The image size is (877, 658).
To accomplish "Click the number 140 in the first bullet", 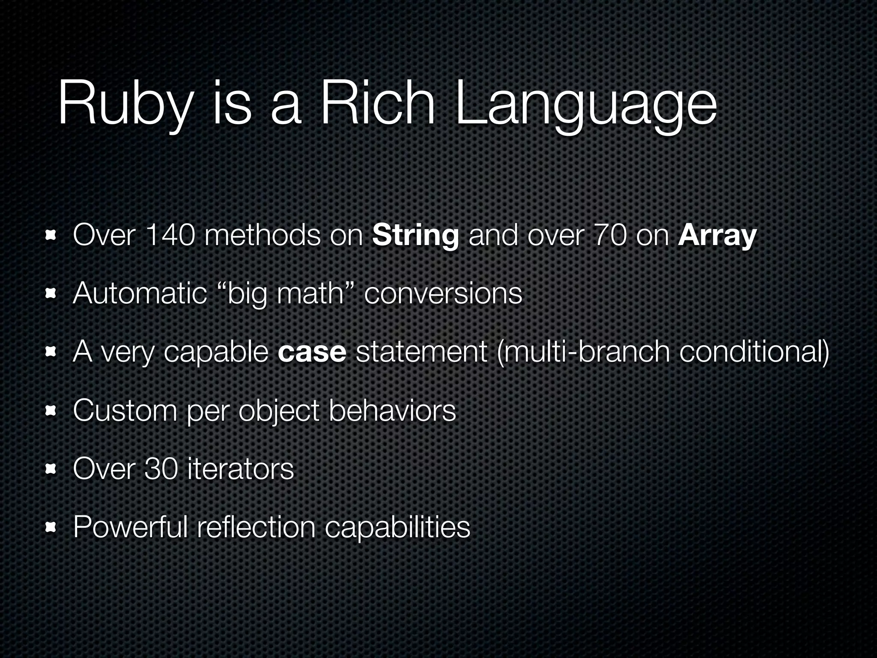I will coord(170,236).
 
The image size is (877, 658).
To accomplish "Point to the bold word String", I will coord(415,236).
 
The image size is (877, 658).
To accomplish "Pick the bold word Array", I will coord(717,236).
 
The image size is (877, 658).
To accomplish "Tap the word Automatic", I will coord(140,293).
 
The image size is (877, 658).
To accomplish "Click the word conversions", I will coord(443,293).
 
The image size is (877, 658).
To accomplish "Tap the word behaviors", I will coord(392,410).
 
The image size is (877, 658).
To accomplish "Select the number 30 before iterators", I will coord(161,468).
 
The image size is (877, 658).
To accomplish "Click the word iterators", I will coord(241,468).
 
